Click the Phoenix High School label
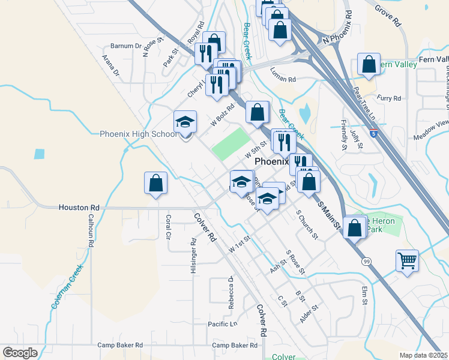(x=138, y=134)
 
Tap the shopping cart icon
(x=407, y=261)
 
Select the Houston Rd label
(x=78, y=207)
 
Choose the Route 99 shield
(x=365, y=262)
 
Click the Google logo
(x=19, y=352)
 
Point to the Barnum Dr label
(x=125, y=46)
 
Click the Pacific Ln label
(x=223, y=325)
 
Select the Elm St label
(x=364, y=296)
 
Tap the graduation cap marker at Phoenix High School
(x=185, y=122)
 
